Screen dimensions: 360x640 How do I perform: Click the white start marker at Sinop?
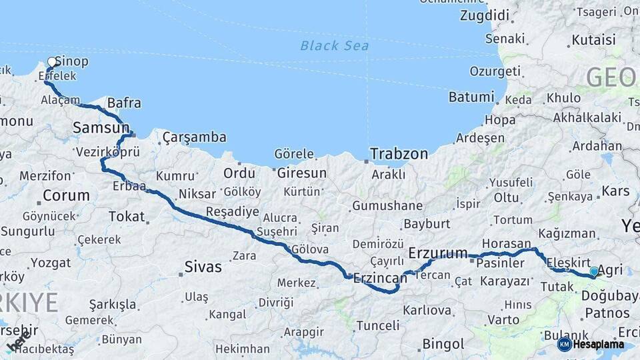pos(52,63)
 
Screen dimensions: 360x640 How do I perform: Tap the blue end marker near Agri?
pos(594,271)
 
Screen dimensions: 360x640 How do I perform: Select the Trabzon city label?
pos(399,153)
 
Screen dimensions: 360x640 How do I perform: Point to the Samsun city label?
pos(101,127)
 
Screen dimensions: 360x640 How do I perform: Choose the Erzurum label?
pos(438,253)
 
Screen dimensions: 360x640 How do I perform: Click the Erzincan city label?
pos(381,277)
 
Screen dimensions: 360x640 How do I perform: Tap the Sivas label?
pos(203,267)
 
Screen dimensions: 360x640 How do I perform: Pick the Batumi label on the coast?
pos(471,97)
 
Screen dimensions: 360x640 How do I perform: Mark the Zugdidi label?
pos(485,15)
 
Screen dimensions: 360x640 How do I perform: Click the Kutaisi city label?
pos(593,40)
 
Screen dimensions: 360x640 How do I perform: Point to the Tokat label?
pos(127,216)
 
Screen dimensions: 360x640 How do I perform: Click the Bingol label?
pos(443,344)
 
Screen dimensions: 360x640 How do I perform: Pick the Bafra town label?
pos(124,103)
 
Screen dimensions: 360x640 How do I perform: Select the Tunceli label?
pos(377,325)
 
